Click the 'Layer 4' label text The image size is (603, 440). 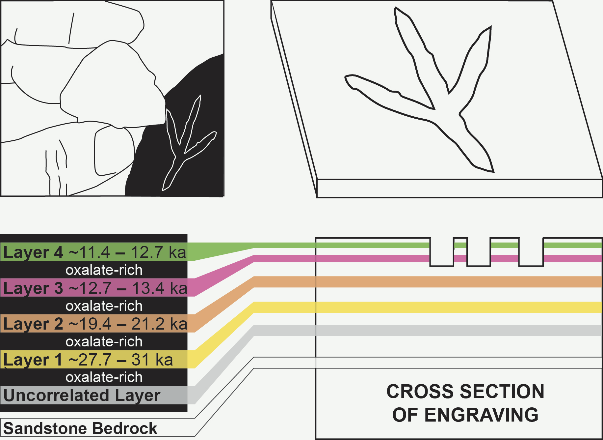33,253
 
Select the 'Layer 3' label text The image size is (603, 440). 33,288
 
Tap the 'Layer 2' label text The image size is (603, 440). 33,324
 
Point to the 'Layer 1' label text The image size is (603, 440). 33,360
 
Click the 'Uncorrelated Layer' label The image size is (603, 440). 82,396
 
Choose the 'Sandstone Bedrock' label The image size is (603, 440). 80,429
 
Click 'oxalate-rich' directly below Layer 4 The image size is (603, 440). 104,270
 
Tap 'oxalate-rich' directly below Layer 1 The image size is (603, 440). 104,377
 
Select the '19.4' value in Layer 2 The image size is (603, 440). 90,324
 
